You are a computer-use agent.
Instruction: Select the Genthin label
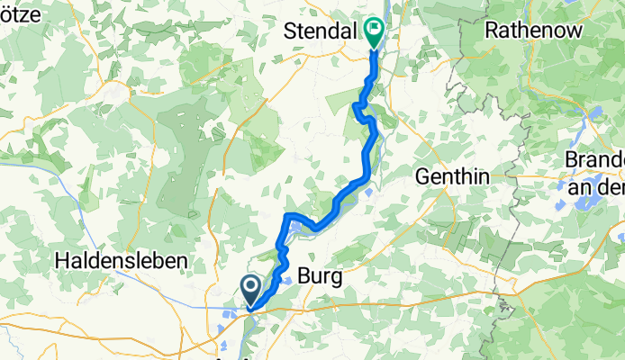pyautogui.click(x=452, y=177)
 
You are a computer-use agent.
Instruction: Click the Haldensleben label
pyautogui.click(x=122, y=260)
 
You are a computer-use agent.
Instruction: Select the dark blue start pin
pyautogui.click(x=251, y=289)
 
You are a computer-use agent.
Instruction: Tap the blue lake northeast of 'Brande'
pyautogui.click(x=594, y=115)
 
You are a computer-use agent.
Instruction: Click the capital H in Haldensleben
pyautogui.click(x=61, y=260)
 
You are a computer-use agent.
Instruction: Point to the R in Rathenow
pyautogui.click(x=491, y=31)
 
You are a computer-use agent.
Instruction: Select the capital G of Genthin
pyautogui.click(x=422, y=177)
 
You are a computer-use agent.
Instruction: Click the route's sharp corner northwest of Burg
pyautogui.click(x=288, y=218)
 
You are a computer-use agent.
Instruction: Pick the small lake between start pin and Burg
pyautogui.click(x=286, y=281)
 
